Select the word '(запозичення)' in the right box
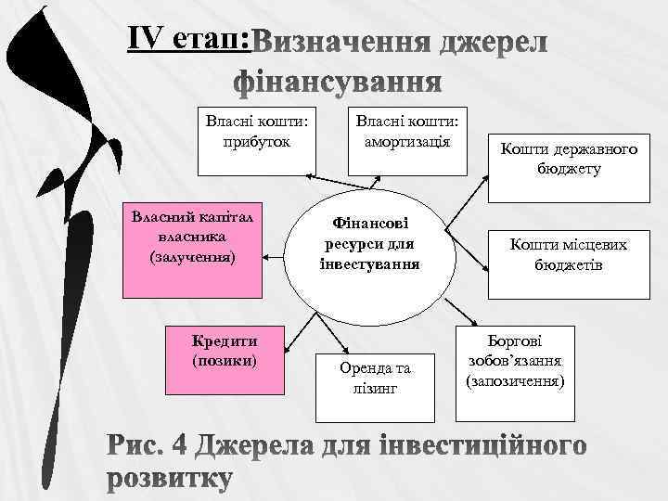(x=516, y=380)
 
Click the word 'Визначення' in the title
(x=343, y=44)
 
